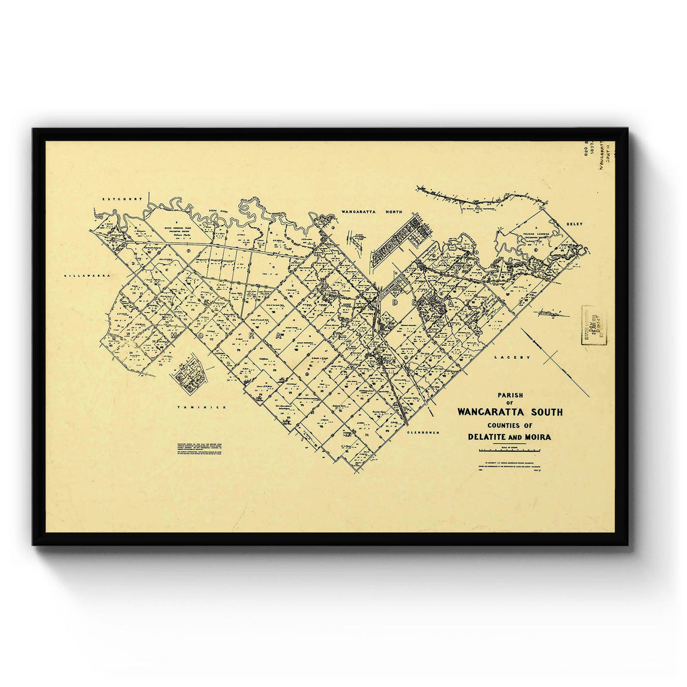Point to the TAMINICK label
point(194,407)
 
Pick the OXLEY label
point(574,224)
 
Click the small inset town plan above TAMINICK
point(188,374)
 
